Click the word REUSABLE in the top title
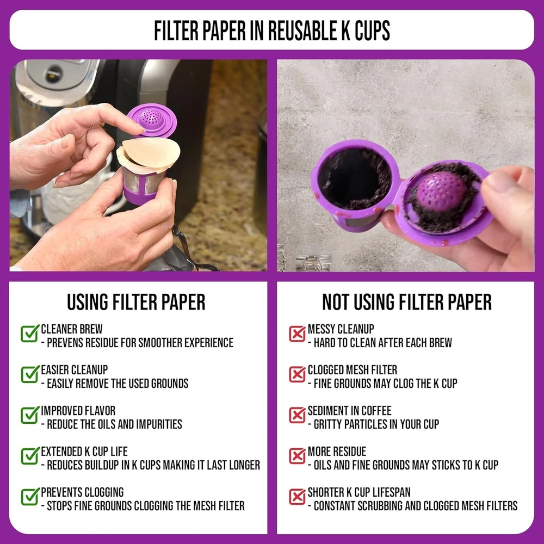pos(302,30)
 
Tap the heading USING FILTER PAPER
pos(136,302)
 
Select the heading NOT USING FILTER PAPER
pos(406,302)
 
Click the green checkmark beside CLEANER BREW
pos(30,333)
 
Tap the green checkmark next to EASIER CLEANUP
pos(30,374)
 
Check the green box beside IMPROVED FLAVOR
pos(30,415)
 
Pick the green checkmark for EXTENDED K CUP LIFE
pos(30,455)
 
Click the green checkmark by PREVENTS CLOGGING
pos(30,496)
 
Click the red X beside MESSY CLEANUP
pos(297,333)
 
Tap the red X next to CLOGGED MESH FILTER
pos(297,374)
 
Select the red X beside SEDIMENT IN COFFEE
pos(297,415)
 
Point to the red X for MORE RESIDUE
pos(297,456)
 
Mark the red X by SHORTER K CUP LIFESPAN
pos(297,497)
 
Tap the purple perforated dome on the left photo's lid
pos(151,118)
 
